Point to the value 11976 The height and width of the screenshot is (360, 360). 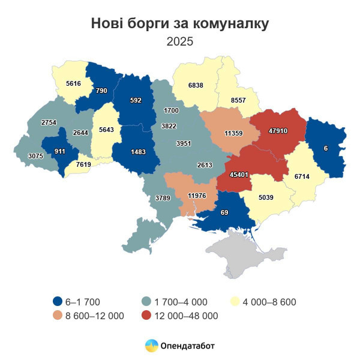tap(197, 195)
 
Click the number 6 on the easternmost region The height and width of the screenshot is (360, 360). tap(325, 148)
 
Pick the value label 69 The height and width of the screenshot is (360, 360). tap(224, 213)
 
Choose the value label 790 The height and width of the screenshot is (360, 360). tap(101, 91)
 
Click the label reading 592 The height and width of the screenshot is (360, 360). tap(136, 101)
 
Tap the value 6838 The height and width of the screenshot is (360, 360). tap(195, 85)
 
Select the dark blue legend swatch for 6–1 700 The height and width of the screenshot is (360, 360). tap(58, 302)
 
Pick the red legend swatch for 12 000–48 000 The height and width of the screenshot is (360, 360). tap(146, 315)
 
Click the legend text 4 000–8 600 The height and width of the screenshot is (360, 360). tap(269, 302)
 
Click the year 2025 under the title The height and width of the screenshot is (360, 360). tap(180, 41)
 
